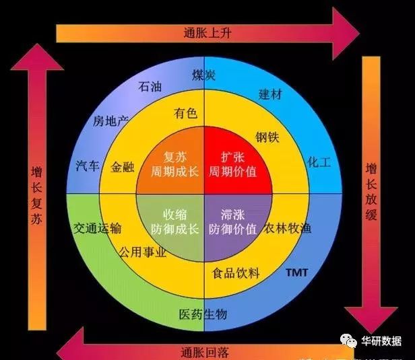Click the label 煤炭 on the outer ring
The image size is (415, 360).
pyautogui.click(x=203, y=74)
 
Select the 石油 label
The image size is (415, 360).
pyautogui.click(x=149, y=87)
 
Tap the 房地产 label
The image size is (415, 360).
pyautogui.click(x=110, y=122)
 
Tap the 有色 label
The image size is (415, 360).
pyautogui.click(x=185, y=114)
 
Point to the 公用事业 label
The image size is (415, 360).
pyautogui.click(x=143, y=253)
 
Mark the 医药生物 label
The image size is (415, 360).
pyautogui.click(x=203, y=314)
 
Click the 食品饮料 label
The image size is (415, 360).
pyautogui.click(x=236, y=273)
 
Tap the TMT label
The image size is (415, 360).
pyautogui.click(x=297, y=273)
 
